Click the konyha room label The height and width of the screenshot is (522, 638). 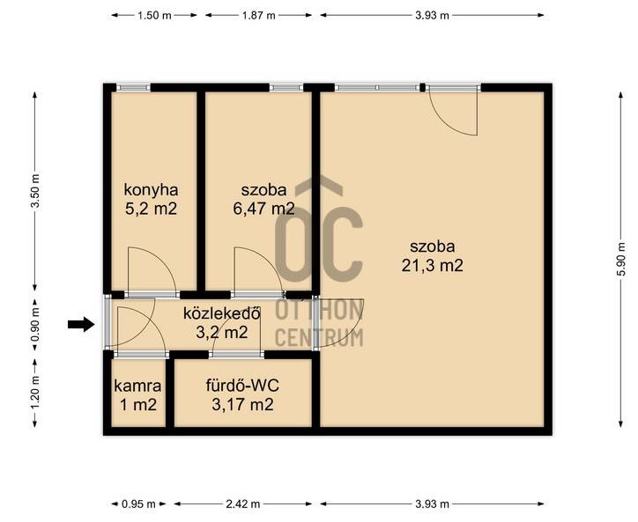[x=151, y=190]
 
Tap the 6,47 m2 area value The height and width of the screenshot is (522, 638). [x=263, y=209]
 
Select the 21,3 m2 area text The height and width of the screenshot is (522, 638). [x=432, y=266]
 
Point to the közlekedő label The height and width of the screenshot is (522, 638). [x=222, y=313]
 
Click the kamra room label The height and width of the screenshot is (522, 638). [x=137, y=386]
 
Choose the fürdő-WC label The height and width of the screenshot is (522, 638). [x=242, y=386]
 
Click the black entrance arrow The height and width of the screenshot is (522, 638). [x=81, y=324]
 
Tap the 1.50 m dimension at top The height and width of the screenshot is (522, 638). [x=154, y=16]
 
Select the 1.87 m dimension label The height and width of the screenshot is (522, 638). [x=259, y=16]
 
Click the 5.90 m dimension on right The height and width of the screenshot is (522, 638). [x=621, y=259]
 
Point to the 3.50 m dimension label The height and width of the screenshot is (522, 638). [x=35, y=191]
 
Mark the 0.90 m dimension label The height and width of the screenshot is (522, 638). [x=35, y=324]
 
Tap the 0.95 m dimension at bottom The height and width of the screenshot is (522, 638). [x=138, y=504]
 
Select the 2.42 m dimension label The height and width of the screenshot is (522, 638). [x=243, y=504]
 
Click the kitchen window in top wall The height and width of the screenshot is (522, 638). [x=133, y=87]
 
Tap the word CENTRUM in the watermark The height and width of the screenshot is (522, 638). [x=319, y=338]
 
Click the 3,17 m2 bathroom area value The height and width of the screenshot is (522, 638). [x=242, y=405]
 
